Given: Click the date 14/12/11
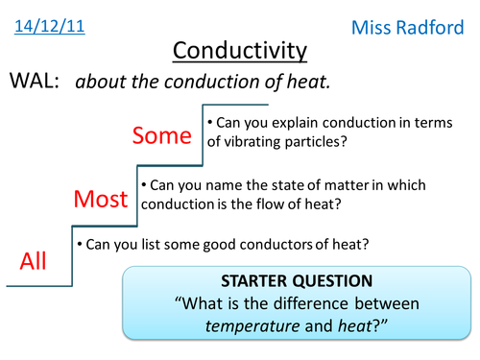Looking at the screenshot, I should point(49,26).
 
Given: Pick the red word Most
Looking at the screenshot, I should point(101,199).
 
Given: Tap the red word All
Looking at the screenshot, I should point(34,261).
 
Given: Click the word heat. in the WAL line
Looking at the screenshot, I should point(309,83).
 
